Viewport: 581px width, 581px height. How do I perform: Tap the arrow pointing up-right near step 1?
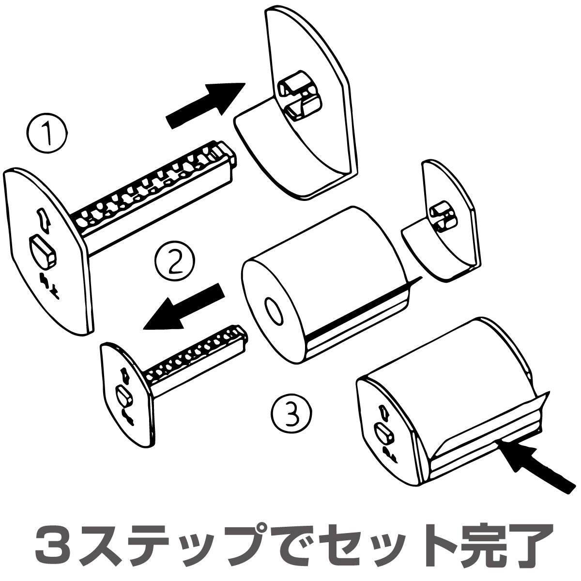pyautogui.click(x=206, y=106)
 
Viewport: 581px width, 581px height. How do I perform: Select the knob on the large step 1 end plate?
pyautogui.click(x=43, y=251)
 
